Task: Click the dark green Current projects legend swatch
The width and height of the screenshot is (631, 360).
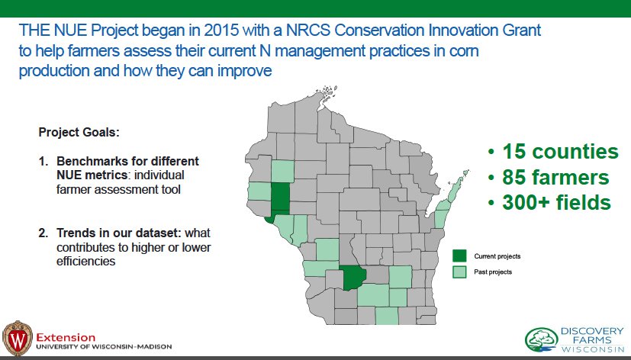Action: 459,256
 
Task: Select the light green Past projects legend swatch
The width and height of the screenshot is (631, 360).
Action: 459,272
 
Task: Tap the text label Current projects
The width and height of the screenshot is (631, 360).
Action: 497,256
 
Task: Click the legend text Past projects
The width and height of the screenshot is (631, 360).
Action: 493,272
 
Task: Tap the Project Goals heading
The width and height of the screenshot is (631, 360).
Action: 79,133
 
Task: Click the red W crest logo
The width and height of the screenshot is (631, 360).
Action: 18,338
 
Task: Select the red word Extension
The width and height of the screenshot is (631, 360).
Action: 66,337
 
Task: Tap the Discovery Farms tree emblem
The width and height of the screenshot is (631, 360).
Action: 542,339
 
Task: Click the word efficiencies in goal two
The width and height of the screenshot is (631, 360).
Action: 85,261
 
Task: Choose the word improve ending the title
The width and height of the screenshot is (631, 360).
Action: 245,71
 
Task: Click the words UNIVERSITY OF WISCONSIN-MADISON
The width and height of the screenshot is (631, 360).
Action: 105,346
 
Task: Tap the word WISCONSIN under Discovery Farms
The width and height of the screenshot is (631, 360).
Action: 593,349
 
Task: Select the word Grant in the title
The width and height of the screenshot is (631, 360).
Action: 522,31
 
